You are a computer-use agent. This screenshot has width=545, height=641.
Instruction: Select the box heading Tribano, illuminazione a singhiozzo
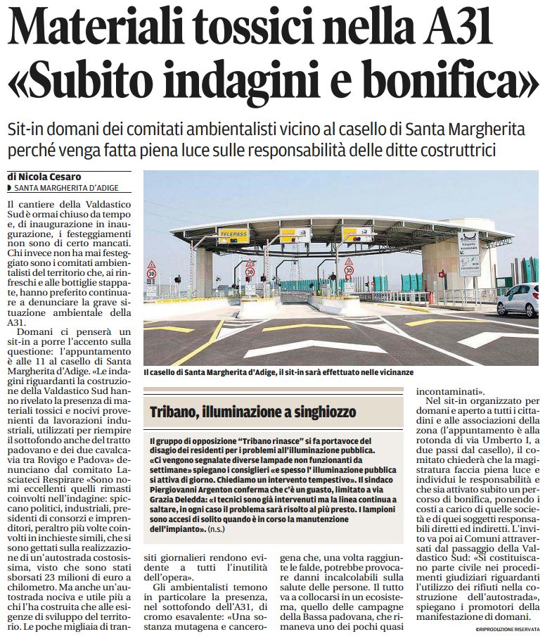click(252, 412)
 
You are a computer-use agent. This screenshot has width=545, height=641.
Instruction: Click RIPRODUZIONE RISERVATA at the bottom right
click(506, 630)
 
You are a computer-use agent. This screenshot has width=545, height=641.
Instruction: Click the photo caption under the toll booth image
click(278, 372)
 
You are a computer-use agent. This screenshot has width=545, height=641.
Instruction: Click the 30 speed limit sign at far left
click(151, 273)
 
